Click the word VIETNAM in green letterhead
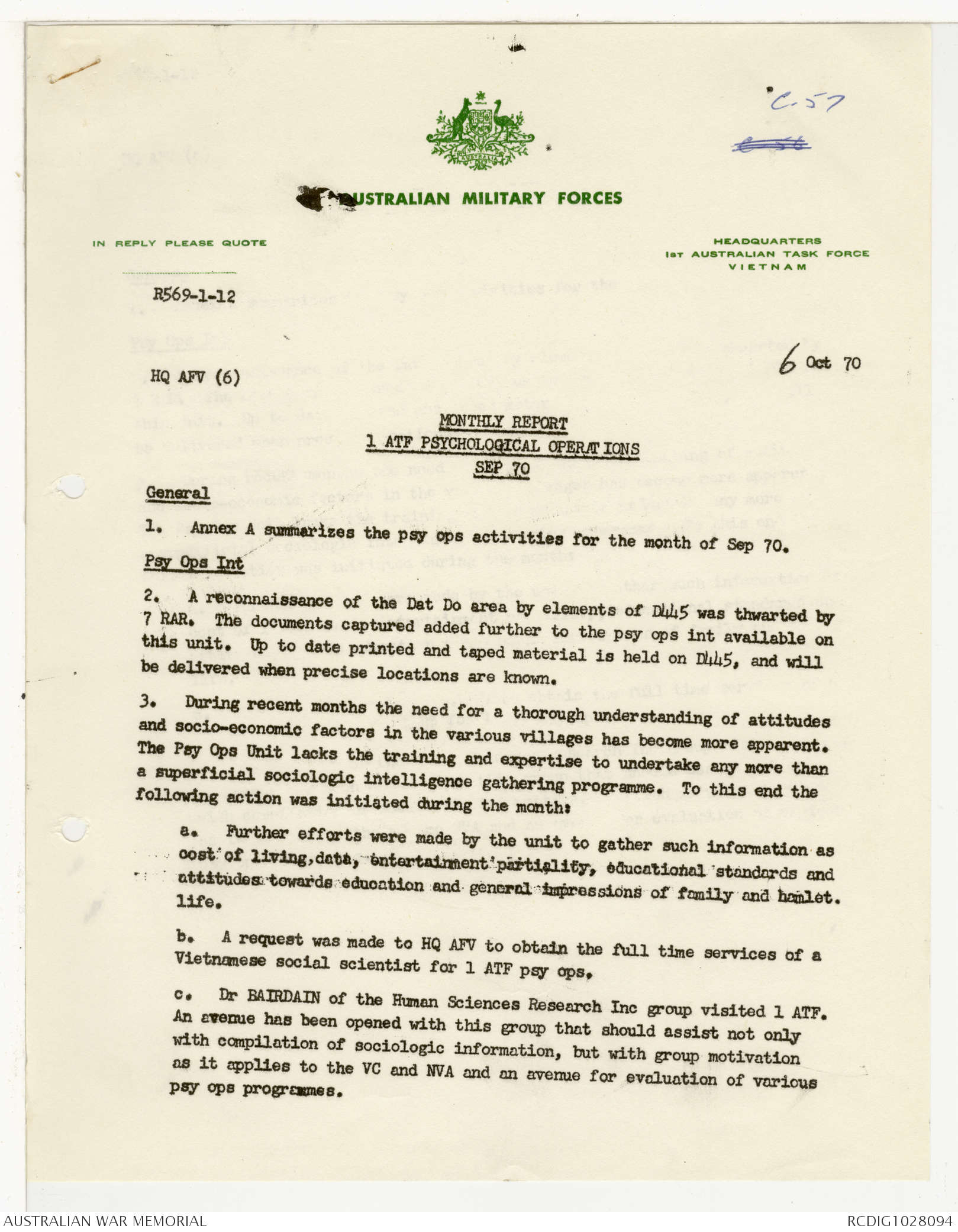click(x=767, y=267)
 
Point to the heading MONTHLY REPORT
click(x=503, y=423)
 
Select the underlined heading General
click(x=178, y=493)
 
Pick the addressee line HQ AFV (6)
click(x=195, y=377)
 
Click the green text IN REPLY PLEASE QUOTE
click(x=179, y=243)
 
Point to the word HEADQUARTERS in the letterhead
click(x=767, y=241)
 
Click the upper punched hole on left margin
click(x=75, y=487)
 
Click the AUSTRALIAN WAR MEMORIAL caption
click(x=105, y=1221)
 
